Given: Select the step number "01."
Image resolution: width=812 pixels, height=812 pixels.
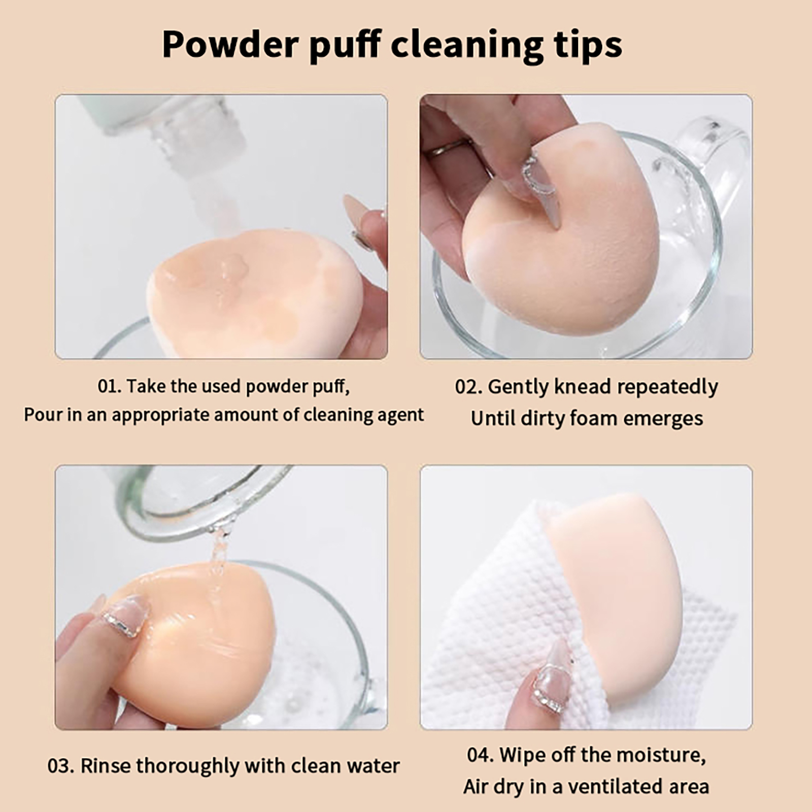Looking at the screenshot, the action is click(110, 386).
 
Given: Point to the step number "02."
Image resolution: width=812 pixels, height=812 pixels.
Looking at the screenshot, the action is click(468, 387).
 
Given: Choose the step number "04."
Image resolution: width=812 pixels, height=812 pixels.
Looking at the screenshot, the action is click(480, 755).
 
